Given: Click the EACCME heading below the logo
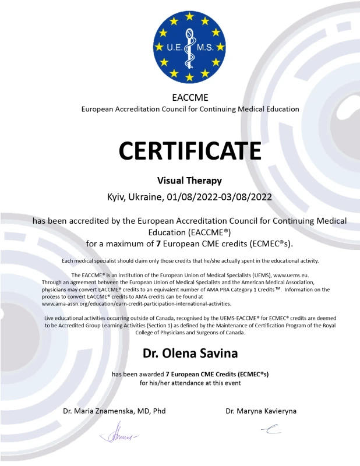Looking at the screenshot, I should click(x=189, y=97).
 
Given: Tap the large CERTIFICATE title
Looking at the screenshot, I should click(x=190, y=150).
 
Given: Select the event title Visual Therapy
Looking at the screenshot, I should click(x=190, y=181).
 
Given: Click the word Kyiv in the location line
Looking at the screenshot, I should click(x=117, y=197).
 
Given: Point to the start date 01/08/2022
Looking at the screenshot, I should click(x=192, y=197).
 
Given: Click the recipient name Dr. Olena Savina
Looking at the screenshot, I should click(x=190, y=353).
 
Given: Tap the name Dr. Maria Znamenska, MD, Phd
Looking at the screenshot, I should click(x=114, y=411).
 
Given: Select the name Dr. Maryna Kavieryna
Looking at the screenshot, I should click(x=261, y=411).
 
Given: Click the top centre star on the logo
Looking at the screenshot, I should click(x=189, y=16).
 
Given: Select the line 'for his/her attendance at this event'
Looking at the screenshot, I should click(x=190, y=383).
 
